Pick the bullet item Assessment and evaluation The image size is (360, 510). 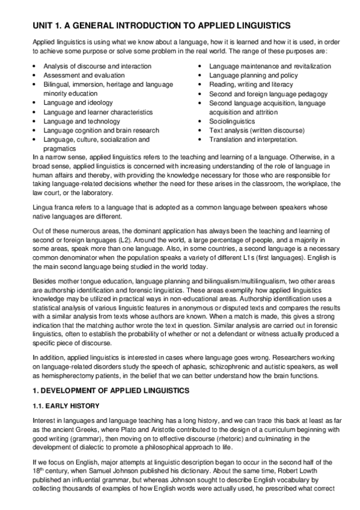(84, 75)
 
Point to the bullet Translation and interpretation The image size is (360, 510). (253, 139)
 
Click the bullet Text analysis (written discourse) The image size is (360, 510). (257, 130)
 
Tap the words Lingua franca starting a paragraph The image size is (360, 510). (52, 206)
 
